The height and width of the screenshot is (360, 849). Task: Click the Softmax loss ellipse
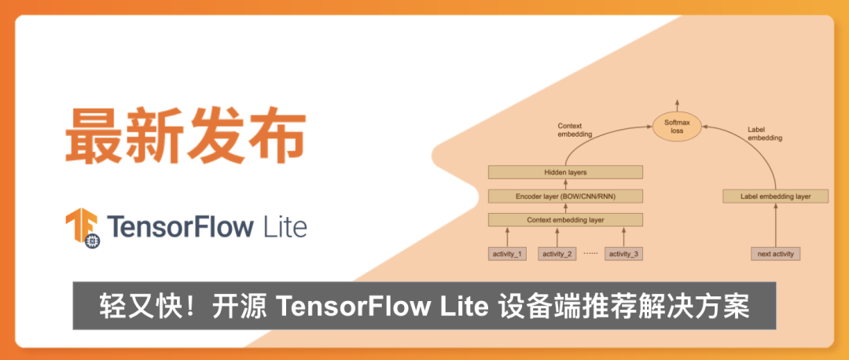coord(677,127)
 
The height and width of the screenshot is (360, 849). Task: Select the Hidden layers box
coord(565,171)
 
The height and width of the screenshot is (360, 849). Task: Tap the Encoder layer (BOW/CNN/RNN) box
coord(565,196)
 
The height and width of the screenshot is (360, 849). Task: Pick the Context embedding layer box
coord(565,220)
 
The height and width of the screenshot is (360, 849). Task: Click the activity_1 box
coord(507,254)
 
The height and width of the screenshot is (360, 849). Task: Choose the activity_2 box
coord(558,254)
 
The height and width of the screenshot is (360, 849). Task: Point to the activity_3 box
coord(625,254)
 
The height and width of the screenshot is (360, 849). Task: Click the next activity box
coord(775,254)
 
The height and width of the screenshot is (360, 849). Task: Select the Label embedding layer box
coord(775,196)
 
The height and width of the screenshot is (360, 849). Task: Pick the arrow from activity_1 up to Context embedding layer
coord(507,237)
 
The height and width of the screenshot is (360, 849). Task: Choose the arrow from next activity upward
coord(775,225)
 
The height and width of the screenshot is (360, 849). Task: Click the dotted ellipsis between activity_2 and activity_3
coord(591,254)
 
